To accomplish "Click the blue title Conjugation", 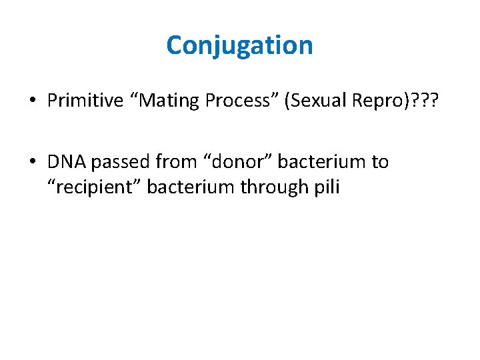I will (239, 45).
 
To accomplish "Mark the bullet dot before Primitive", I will (33, 101).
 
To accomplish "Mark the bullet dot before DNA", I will (33, 162).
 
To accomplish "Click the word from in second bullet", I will (172, 161).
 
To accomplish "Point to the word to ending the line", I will (379, 161).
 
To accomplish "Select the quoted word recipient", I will (94, 187).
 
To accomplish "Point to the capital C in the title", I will (174, 45).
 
